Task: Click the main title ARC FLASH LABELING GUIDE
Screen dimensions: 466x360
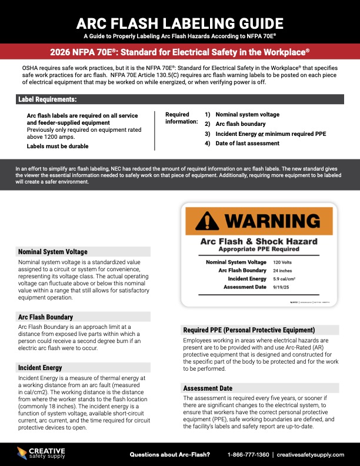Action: tap(179, 24)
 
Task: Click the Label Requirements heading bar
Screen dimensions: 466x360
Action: tap(48, 99)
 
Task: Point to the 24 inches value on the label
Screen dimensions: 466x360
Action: tap(282, 270)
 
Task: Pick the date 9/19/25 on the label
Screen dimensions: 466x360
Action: tap(281, 287)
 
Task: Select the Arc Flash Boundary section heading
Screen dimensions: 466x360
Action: tap(45, 317)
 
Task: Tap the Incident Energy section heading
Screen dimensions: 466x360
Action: tap(41, 368)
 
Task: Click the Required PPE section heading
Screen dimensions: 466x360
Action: tap(249, 330)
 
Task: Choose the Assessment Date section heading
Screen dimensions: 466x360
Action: tap(208, 388)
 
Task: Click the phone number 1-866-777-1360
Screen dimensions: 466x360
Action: tap(248, 455)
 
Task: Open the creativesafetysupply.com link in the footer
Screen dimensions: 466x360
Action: tap(310, 455)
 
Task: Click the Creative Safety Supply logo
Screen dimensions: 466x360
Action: tap(41, 453)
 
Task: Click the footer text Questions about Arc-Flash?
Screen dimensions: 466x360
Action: tap(169, 455)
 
